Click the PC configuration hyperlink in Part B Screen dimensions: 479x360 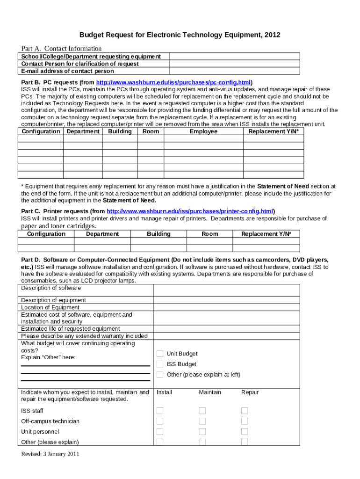[x=173, y=82]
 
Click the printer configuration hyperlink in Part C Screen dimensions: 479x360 [x=190, y=211]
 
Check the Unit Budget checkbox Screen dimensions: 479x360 [x=160, y=354]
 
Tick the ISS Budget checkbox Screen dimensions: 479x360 [x=160, y=364]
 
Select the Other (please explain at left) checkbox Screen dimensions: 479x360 [x=160, y=374]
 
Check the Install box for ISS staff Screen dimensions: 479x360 [x=160, y=411]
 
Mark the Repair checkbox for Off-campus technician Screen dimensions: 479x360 [x=245, y=421]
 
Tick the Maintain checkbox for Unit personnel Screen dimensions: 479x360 [x=202, y=432]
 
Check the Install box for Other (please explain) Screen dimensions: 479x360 [x=160, y=442]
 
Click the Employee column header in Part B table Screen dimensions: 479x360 [x=203, y=131]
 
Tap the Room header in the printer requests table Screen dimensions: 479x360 [x=210, y=234]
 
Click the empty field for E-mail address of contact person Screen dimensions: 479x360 [x=234, y=71]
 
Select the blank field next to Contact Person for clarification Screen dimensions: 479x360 [x=234, y=64]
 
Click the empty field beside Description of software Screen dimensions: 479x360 [x=226, y=290]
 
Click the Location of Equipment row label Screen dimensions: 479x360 [x=50, y=307]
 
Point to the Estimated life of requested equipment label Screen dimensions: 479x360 [x=70, y=329]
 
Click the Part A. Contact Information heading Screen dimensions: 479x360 [x=61, y=49]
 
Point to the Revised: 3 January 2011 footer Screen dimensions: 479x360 [x=50, y=454]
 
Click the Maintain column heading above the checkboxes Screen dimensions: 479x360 [x=210, y=392]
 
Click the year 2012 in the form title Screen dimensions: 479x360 [x=273, y=35]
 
